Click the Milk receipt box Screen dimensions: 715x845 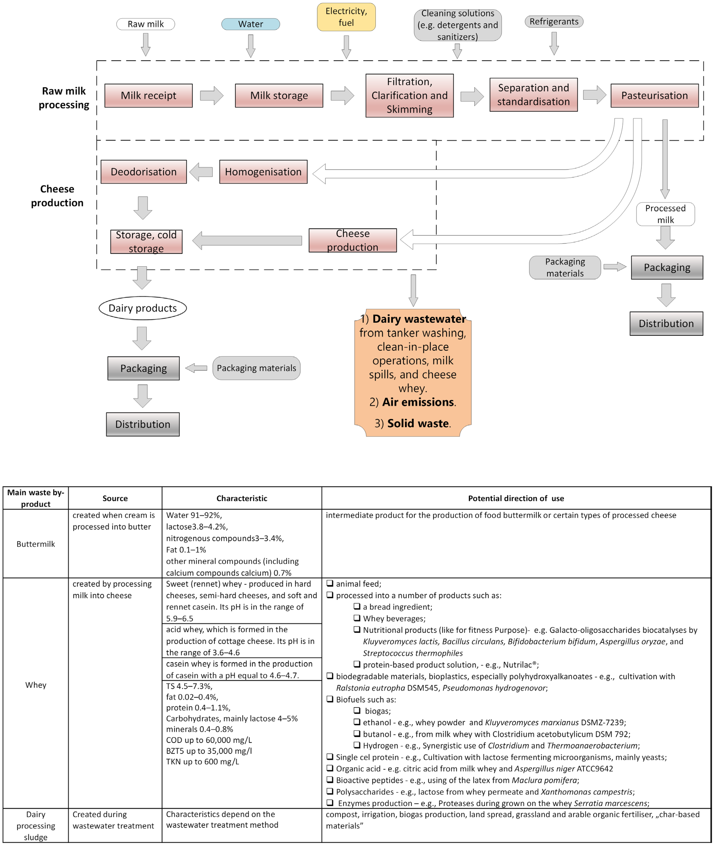pyautogui.click(x=148, y=96)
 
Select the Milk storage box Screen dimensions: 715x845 pyautogui.click(x=279, y=96)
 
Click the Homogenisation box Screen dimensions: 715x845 pyautogui.click(x=263, y=172)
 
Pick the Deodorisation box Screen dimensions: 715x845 pyautogui.click(x=144, y=172)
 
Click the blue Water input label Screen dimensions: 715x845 pyautogui.click(x=251, y=24)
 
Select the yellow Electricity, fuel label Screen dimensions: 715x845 pyautogui.click(x=346, y=17)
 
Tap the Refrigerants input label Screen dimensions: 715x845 pyautogui.click(x=554, y=22)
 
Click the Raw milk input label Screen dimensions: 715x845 pyautogui.click(x=146, y=24)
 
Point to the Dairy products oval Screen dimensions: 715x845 pyautogui.click(x=143, y=308)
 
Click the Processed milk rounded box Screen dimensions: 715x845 pyautogui.click(x=665, y=214)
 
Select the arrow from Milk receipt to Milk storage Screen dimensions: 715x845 pyautogui.click(x=212, y=96)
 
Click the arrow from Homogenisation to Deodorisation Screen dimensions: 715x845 pyautogui.click(x=201, y=172)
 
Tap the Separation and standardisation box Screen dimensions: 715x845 pyautogui.click(x=533, y=95)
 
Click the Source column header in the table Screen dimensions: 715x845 pyautogui.click(x=115, y=498)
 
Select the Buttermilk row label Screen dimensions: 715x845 pyautogui.click(x=36, y=544)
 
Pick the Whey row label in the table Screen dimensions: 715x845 pyautogui.click(x=36, y=685)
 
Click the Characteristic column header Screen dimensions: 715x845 pyautogui.click(x=242, y=498)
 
